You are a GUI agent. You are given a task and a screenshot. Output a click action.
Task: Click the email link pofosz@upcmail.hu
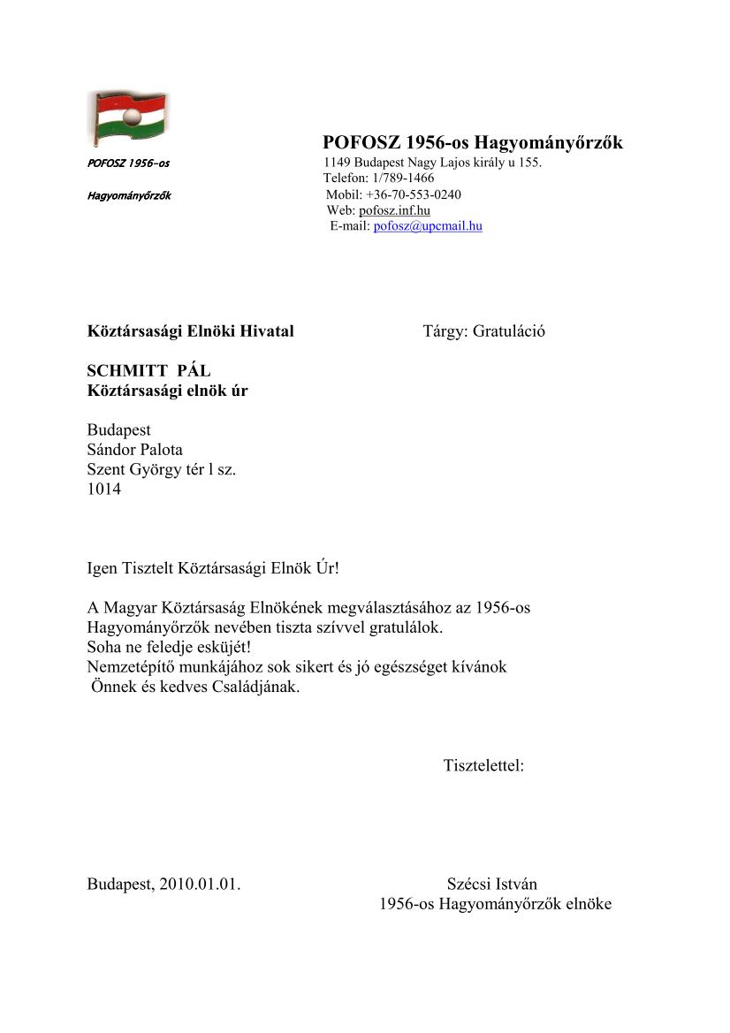click(x=428, y=226)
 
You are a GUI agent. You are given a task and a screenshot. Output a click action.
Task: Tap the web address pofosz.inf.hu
click(x=394, y=210)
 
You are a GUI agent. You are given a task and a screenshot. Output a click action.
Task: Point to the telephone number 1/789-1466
click(x=404, y=178)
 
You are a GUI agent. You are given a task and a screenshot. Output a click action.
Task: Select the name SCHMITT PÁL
click(x=148, y=371)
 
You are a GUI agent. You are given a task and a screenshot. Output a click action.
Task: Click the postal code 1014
click(x=103, y=489)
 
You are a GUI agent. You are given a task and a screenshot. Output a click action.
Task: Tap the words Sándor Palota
click(x=134, y=450)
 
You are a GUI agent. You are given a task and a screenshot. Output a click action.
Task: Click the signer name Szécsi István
click(x=491, y=885)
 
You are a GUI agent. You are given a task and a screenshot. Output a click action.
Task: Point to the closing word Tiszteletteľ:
click(x=483, y=765)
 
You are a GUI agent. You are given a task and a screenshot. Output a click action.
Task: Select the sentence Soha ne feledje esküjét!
click(x=169, y=648)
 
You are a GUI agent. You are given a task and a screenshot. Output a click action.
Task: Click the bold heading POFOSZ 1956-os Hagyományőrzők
click(x=474, y=142)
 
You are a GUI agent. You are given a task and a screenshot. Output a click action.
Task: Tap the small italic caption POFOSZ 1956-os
click(x=128, y=163)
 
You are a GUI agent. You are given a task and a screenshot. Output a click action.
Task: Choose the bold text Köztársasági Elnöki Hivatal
click(x=190, y=331)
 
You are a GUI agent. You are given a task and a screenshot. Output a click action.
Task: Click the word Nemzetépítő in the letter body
click(x=130, y=667)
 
